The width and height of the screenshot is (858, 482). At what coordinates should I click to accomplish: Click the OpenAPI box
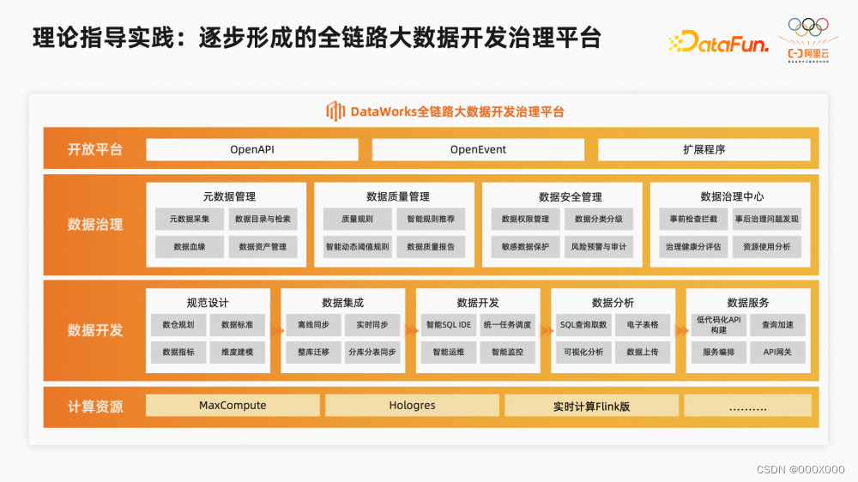252,149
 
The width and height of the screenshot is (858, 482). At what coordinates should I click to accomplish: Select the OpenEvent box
478,149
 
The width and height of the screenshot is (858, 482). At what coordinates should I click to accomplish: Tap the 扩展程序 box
704,149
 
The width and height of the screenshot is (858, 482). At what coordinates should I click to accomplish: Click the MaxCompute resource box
233,406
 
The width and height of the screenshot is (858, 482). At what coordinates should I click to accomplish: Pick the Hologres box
412,406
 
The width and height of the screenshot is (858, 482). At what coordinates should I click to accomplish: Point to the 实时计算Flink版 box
591,406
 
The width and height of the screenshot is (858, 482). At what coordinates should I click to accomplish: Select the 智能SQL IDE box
448,325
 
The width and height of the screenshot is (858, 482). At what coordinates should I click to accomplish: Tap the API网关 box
777,352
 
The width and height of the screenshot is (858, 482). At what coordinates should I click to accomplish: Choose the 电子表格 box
643,325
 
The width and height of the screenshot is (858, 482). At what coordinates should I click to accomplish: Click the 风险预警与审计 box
598,247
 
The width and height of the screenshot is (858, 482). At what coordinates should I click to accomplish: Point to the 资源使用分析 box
766,247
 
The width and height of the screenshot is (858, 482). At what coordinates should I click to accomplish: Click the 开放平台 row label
94,149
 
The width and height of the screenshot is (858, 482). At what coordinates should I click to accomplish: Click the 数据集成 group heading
343,302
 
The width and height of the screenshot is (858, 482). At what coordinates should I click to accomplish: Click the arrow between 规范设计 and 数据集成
275,329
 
